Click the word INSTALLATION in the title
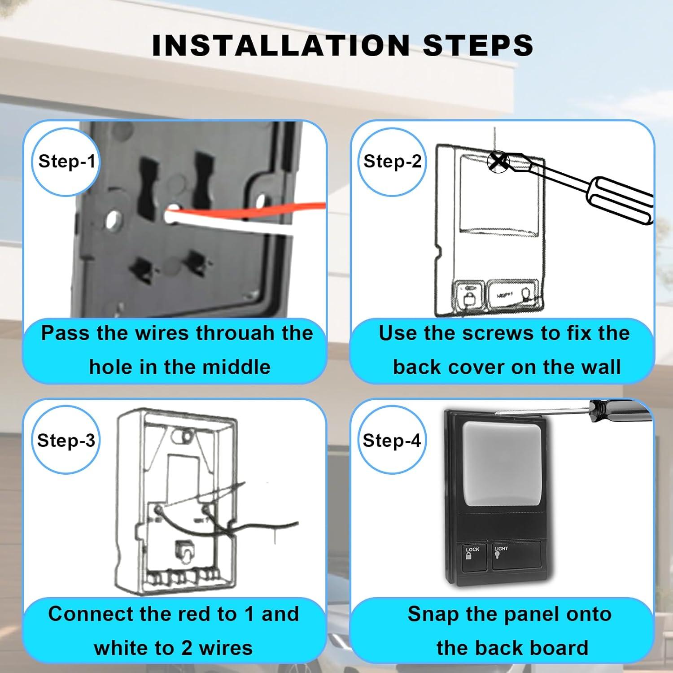point(281,45)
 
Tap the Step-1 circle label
point(66,162)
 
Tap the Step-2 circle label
point(392,162)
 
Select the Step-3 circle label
point(66,441)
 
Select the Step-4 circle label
point(391,441)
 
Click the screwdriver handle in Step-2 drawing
point(621,200)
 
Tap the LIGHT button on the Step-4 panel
point(516,556)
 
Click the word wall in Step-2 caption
point(601,367)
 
